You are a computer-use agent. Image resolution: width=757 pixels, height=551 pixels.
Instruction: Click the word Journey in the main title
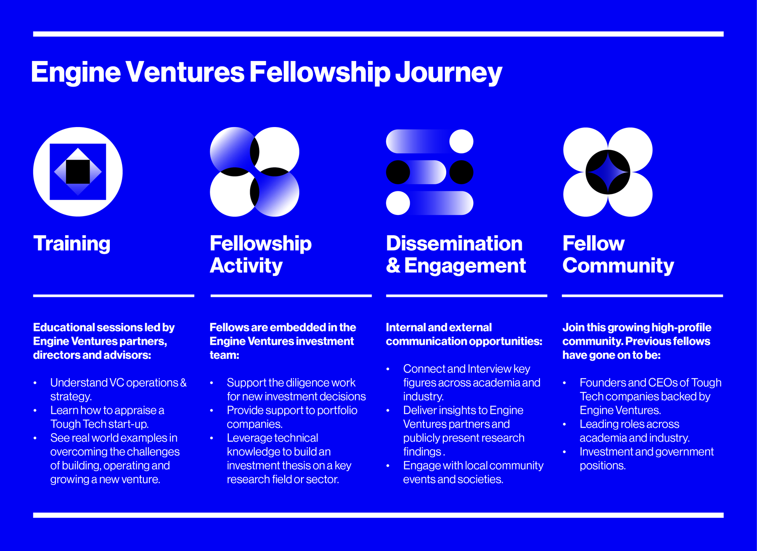pos(448,72)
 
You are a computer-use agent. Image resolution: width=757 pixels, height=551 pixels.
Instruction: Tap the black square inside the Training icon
pos(78,172)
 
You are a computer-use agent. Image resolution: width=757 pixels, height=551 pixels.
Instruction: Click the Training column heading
pos(72,244)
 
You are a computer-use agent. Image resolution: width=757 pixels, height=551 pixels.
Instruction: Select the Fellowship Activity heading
pos(261,254)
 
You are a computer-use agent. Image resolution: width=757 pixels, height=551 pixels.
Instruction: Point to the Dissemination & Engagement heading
pos(456,254)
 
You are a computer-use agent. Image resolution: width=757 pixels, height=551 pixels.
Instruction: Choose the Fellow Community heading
pos(618,254)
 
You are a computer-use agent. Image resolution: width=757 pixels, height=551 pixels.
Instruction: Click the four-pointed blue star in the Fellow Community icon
pos(608,172)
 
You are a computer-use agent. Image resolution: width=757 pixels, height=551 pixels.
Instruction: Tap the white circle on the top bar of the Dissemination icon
pos(461,141)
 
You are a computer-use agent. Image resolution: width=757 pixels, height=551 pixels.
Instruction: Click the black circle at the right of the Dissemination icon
pos(461,172)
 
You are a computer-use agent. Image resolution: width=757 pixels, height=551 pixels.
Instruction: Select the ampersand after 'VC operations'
pos(183,383)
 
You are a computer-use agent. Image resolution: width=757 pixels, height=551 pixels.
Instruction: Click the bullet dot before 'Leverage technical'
pos(212,438)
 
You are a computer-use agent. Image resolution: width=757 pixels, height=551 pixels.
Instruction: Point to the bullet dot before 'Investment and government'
pos(564,452)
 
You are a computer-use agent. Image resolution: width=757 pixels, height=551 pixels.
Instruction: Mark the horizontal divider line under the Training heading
pos(114,296)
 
